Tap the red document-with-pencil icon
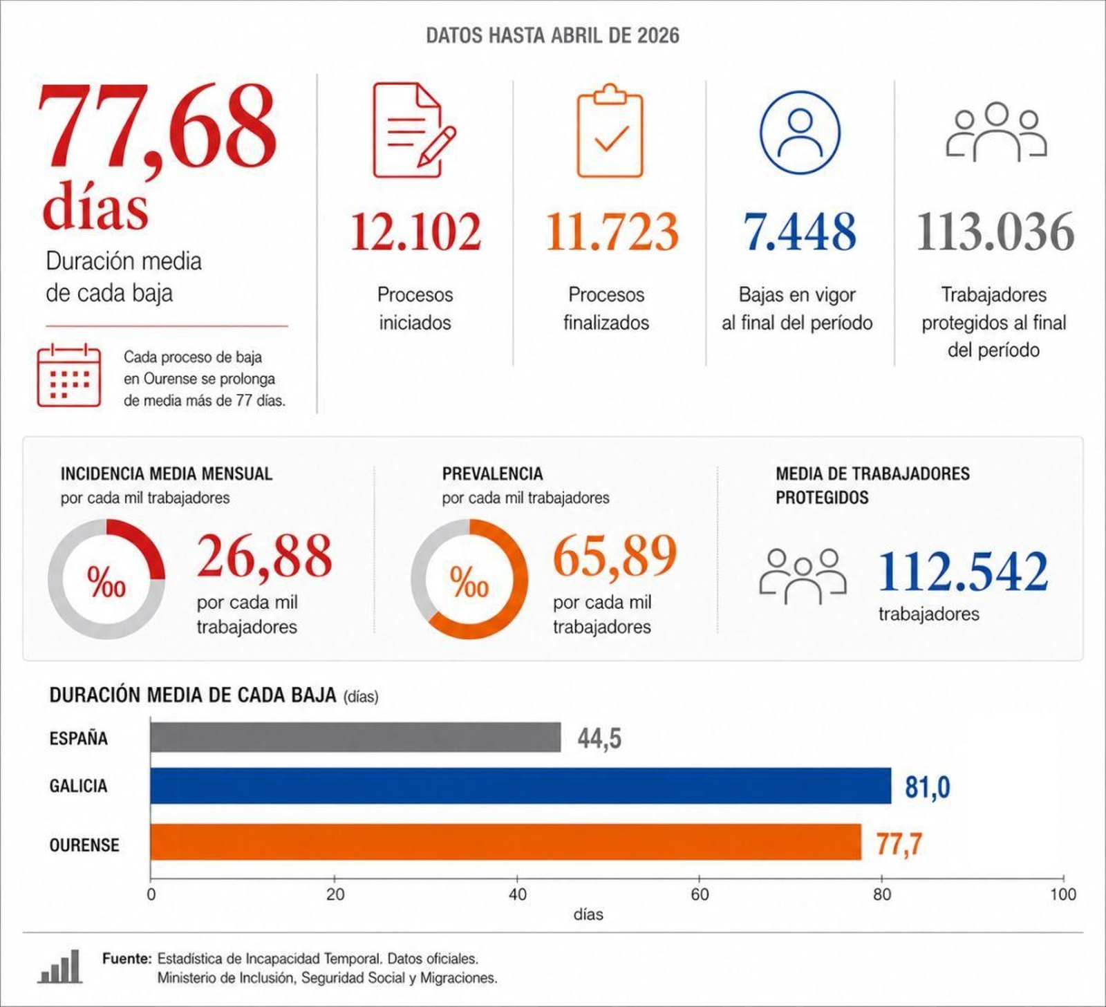pyautogui.click(x=413, y=130)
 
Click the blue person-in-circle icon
pyautogui.click(x=800, y=132)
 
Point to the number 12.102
pyautogui.click(x=415, y=232)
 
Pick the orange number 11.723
pyautogui.click(x=612, y=232)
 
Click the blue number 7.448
pyautogui.click(x=800, y=232)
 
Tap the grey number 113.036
pyautogui.click(x=995, y=232)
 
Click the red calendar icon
pyautogui.click(x=68, y=375)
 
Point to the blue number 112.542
pyautogui.click(x=963, y=572)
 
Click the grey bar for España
pyautogui.click(x=355, y=737)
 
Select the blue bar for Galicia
pyautogui.click(x=521, y=786)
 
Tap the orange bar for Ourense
pyautogui.click(x=506, y=842)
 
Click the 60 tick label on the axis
pyautogui.click(x=700, y=894)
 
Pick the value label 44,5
pyautogui.click(x=599, y=739)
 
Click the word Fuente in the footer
pyautogui.click(x=126, y=959)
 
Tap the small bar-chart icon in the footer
pyautogui.click(x=60, y=966)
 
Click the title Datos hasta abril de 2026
pyautogui.click(x=553, y=35)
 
